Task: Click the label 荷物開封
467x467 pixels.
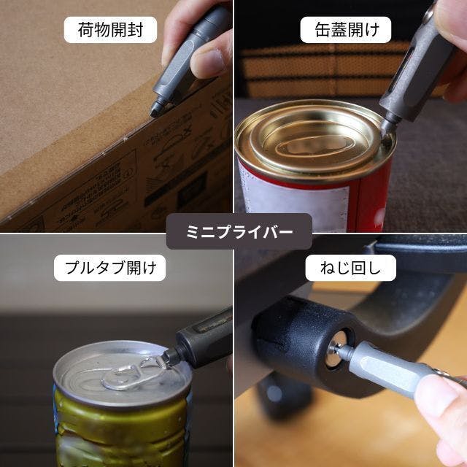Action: (x=110, y=30)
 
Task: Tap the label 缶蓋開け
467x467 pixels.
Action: (x=346, y=30)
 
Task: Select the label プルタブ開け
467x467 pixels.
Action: (x=110, y=268)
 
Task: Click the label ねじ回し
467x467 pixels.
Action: (x=350, y=268)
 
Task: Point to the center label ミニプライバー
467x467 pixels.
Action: (x=239, y=231)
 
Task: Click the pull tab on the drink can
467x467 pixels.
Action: (x=134, y=373)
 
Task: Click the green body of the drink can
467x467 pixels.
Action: (x=122, y=435)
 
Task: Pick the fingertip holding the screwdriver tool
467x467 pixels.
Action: (x=438, y=396)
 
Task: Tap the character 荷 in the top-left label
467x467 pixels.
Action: (x=86, y=30)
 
